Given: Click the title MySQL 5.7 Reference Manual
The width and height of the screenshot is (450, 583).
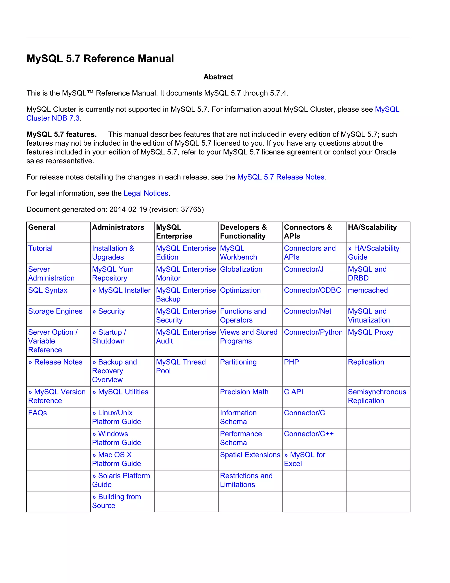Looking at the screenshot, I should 100,59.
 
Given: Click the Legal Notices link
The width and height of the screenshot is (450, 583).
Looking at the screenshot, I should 146,193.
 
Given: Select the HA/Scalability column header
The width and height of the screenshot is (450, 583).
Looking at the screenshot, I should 372,227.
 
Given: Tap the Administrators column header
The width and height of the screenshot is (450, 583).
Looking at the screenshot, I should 118,227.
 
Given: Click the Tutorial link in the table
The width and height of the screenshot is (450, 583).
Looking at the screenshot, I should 40,248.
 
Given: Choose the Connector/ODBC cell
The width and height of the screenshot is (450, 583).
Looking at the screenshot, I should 312,290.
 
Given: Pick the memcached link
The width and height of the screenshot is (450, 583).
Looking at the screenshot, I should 368,290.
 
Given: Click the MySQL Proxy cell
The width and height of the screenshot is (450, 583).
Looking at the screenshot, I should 370,332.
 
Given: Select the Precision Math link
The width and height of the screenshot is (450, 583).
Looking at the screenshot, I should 244,392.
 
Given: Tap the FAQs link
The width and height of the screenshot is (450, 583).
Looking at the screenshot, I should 38,413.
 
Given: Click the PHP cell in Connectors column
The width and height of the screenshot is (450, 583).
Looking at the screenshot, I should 291,362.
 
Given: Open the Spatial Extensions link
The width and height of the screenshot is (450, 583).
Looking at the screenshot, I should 250,455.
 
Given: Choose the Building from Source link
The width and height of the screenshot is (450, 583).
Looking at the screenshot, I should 116,501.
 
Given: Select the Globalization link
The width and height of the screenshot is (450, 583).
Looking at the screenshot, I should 241,269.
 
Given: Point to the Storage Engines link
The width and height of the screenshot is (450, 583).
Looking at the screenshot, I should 55,311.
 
